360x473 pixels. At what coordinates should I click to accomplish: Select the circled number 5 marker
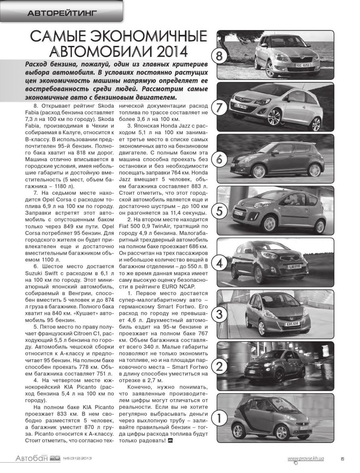point(219,211)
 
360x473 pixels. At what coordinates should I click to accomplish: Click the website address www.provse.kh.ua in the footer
point(306,458)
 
